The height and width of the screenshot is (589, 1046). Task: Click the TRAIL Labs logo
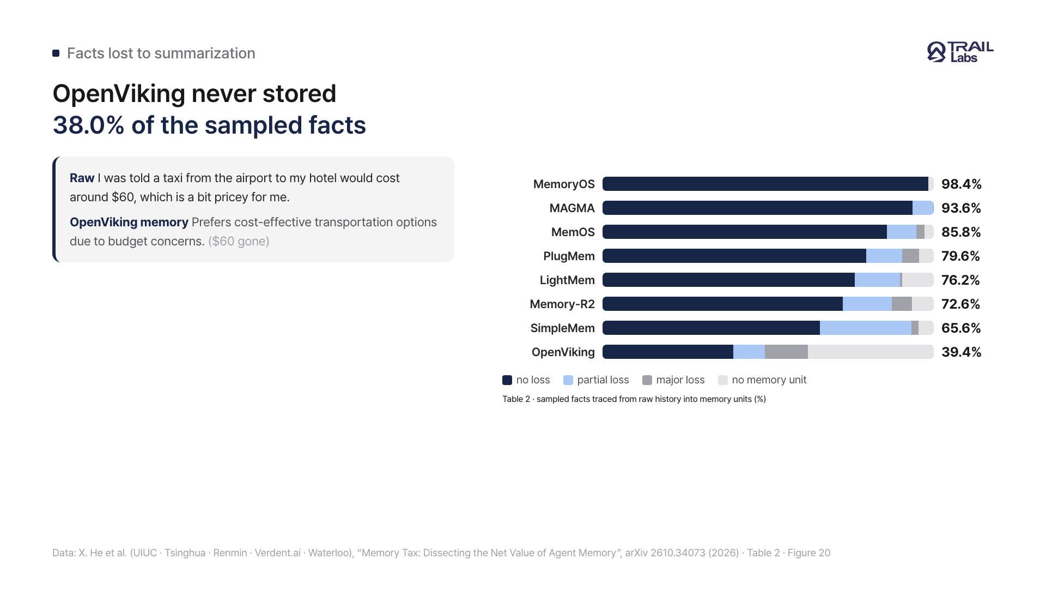click(960, 52)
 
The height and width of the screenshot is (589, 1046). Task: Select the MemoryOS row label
click(564, 184)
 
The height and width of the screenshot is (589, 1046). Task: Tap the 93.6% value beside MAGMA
click(961, 208)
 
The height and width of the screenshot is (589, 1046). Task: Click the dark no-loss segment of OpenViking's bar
click(668, 352)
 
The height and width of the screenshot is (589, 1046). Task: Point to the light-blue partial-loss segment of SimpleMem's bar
click(866, 328)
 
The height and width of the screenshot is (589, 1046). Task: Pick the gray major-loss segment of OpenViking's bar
click(786, 352)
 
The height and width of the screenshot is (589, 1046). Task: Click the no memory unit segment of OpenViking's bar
click(871, 352)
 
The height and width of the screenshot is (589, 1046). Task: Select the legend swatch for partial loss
click(568, 380)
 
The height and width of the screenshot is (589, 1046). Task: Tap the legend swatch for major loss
click(647, 380)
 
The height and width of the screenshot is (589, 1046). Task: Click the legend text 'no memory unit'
click(769, 380)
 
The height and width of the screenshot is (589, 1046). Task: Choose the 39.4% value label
click(961, 352)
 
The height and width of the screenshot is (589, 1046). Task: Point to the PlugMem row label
click(569, 256)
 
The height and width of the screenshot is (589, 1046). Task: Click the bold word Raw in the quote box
click(82, 178)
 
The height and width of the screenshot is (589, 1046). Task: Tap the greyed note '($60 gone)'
click(239, 242)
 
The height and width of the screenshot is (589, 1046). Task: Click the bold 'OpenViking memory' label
click(129, 223)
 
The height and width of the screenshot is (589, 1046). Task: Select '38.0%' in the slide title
click(89, 125)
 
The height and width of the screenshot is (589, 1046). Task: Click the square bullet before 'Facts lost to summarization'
click(56, 53)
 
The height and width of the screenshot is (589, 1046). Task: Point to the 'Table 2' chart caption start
click(516, 399)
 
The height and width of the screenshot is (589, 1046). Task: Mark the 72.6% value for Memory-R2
click(960, 304)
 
